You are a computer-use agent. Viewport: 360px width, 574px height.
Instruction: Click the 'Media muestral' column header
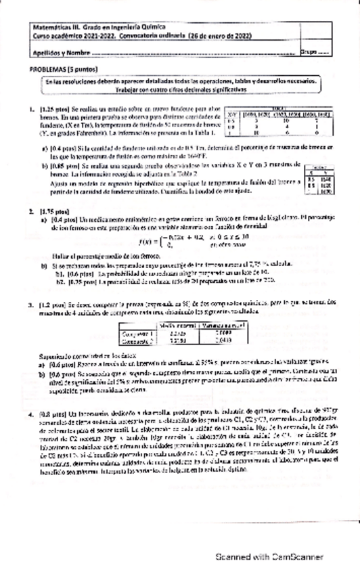pyautogui.click(x=176, y=326)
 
